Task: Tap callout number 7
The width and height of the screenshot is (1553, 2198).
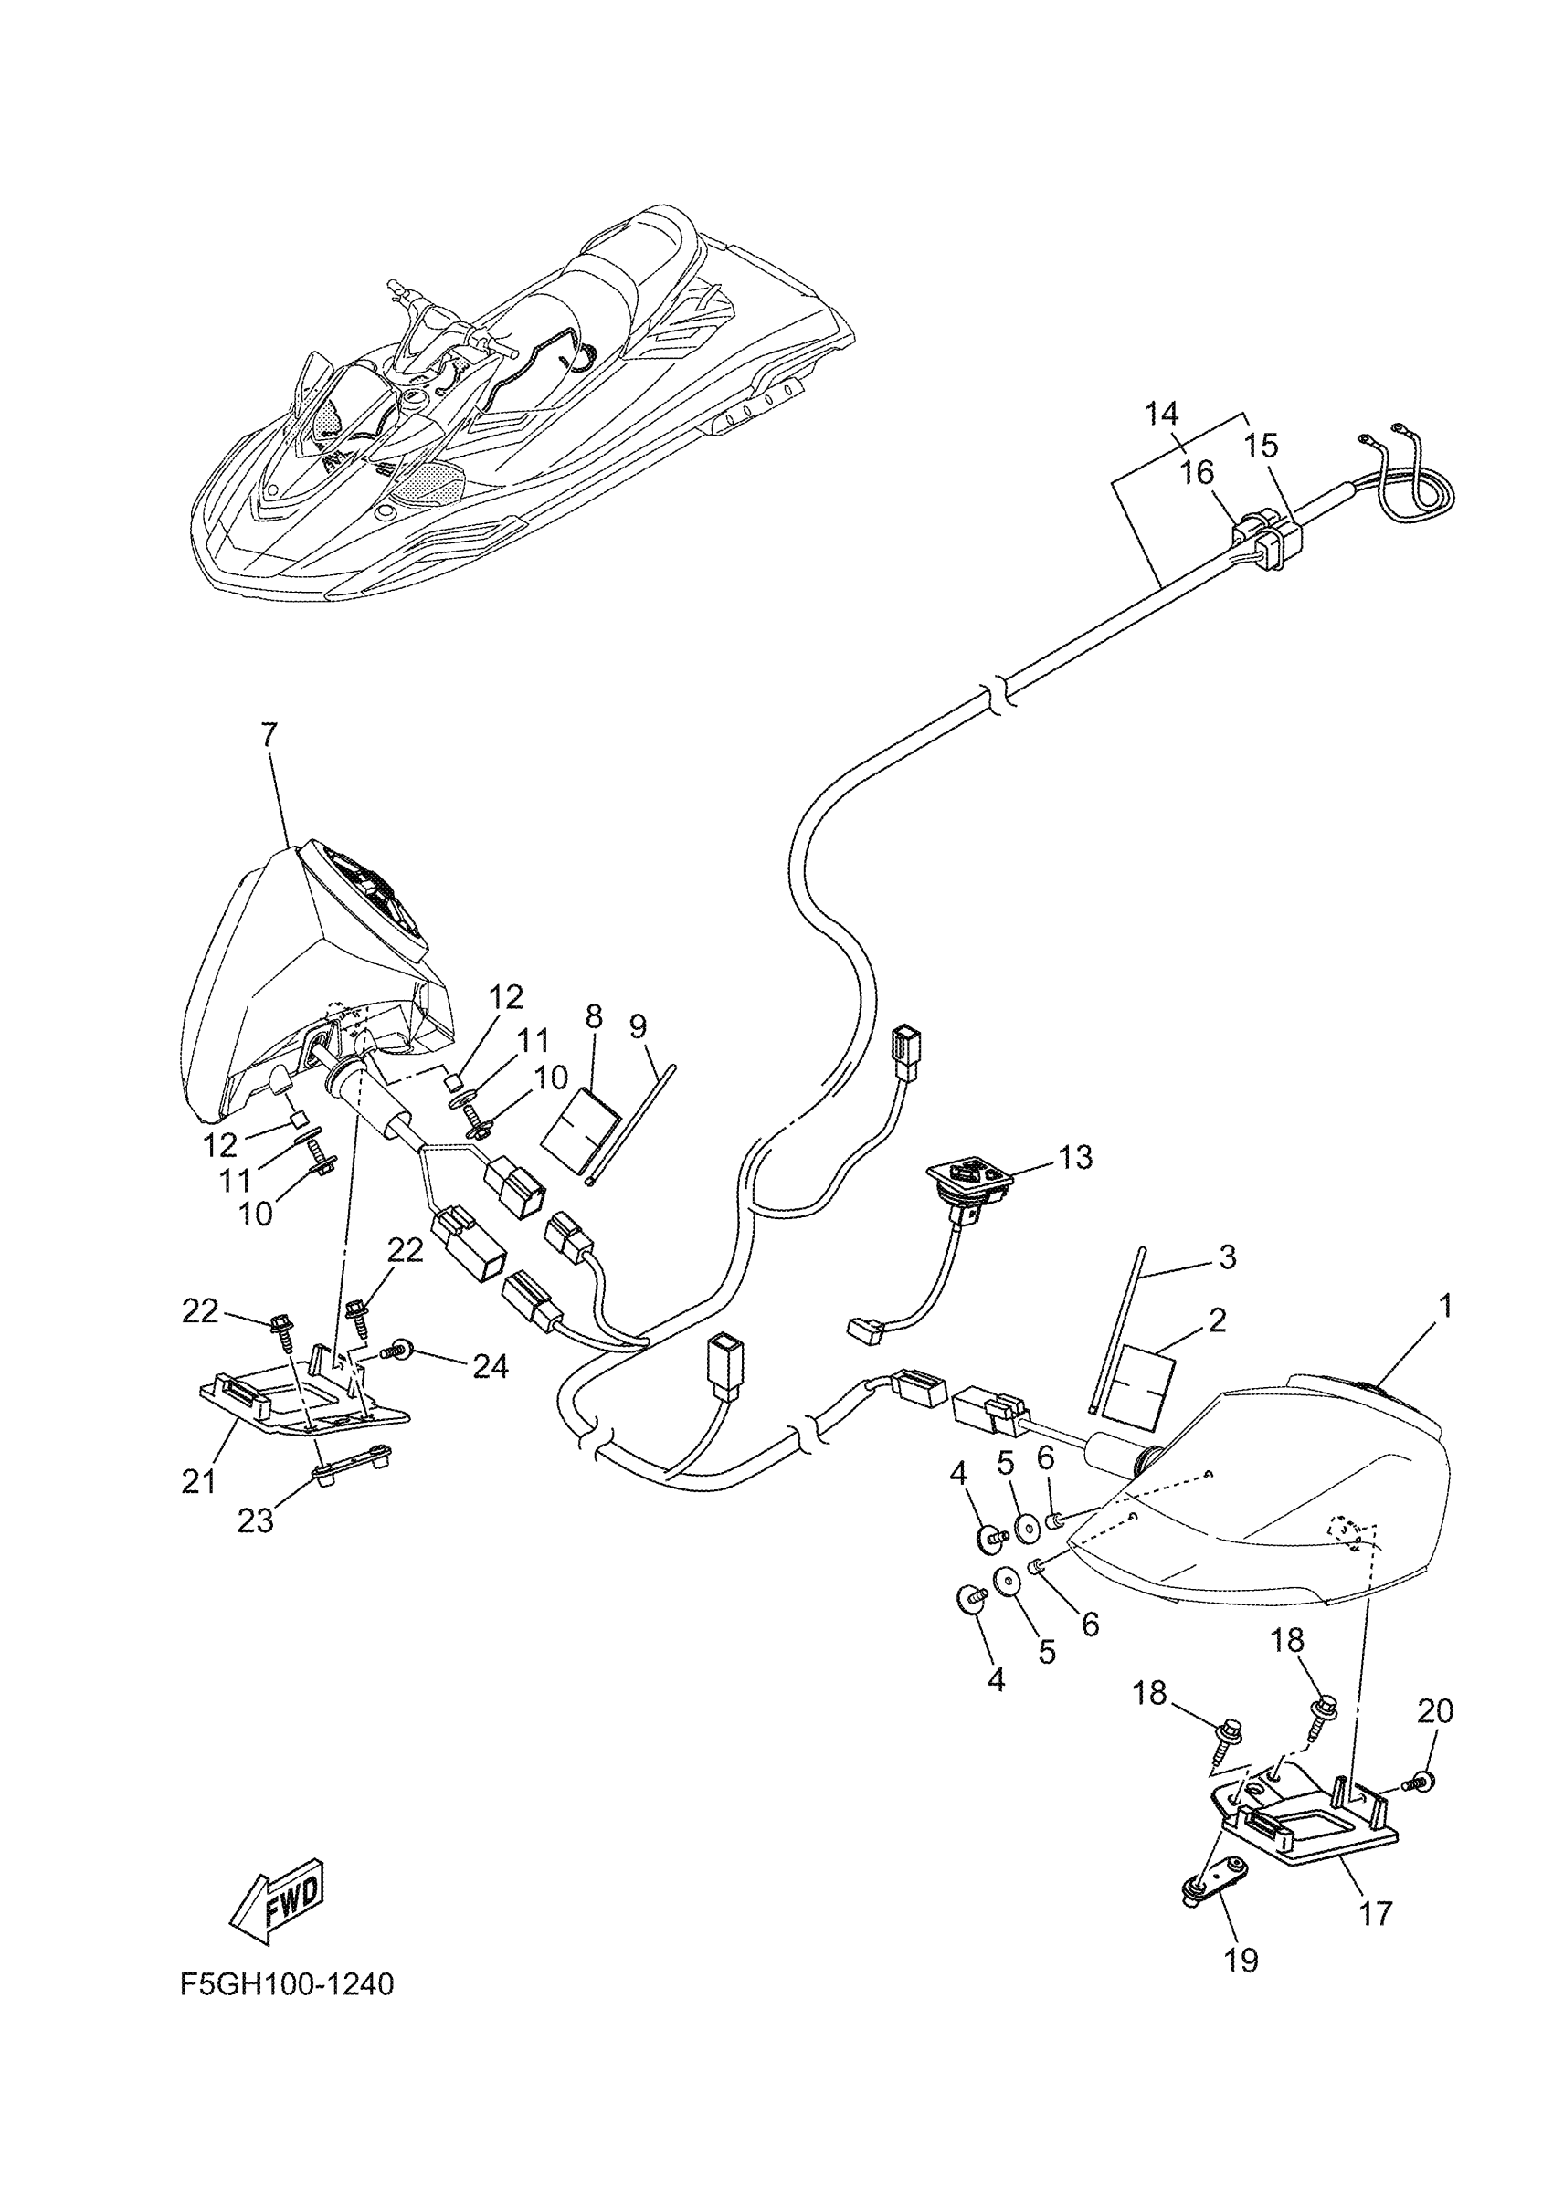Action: click(x=269, y=734)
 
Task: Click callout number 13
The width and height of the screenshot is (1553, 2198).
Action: click(x=1076, y=1157)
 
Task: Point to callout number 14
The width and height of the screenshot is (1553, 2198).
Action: click(x=1161, y=414)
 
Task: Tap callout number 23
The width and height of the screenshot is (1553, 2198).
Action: click(x=256, y=1520)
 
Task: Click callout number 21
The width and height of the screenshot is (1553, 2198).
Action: click(x=198, y=1482)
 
